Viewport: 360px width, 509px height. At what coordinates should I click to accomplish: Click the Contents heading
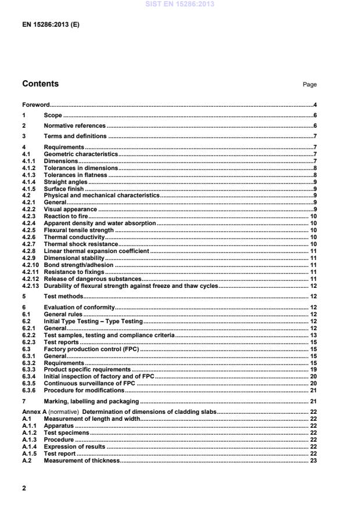click(x=40, y=84)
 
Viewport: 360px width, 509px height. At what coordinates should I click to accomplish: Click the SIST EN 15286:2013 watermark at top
click(x=179, y=4)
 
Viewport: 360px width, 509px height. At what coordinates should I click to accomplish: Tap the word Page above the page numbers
click(x=309, y=85)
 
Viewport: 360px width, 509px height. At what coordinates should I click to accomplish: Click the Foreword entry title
click(x=35, y=105)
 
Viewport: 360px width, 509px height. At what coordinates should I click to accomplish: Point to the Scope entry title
click(x=52, y=115)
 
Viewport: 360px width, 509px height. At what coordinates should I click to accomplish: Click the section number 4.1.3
click(x=29, y=174)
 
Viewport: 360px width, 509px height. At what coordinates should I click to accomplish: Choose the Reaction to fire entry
click(x=66, y=216)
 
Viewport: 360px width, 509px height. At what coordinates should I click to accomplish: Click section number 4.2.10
click(x=31, y=265)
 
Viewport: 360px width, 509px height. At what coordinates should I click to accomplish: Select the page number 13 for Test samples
click(x=312, y=335)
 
